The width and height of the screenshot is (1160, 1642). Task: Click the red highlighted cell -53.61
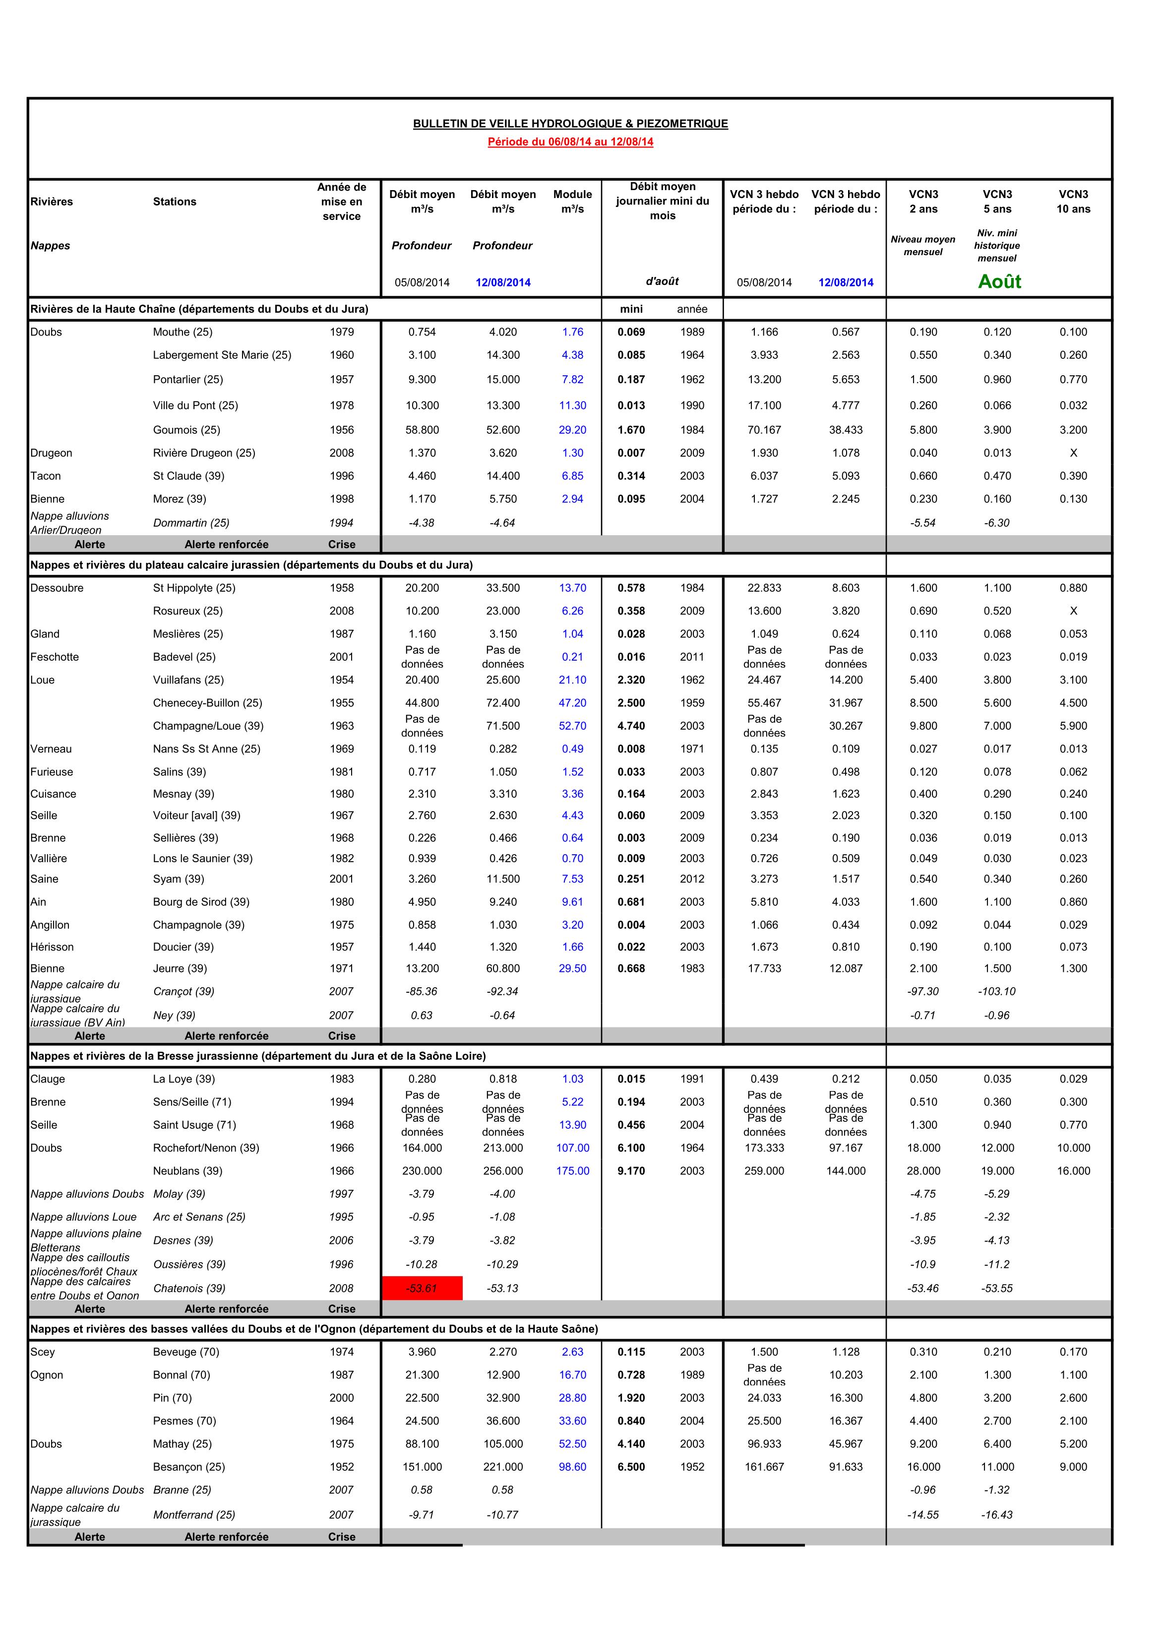(422, 1288)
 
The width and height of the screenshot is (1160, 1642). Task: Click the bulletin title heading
(570, 124)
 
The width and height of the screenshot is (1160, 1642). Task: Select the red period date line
(570, 141)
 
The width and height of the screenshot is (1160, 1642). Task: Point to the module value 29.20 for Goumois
(572, 430)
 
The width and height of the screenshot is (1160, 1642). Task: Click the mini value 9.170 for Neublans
(631, 1171)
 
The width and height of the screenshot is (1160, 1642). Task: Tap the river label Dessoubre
(57, 588)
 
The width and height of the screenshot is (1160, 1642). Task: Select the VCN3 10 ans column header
(1074, 201)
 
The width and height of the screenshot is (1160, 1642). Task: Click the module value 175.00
(572, 1171)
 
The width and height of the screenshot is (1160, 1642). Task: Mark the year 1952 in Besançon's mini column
(692, 1467)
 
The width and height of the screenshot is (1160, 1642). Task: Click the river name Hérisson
(52, 947)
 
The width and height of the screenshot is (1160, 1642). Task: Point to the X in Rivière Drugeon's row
(1074, 453)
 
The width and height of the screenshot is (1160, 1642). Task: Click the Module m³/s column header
(572, 201)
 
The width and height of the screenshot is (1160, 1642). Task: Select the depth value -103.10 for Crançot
(997, 991)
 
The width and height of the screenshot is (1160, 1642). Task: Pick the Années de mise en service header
(342, 201)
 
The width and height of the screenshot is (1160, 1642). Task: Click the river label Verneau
(52, 749)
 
